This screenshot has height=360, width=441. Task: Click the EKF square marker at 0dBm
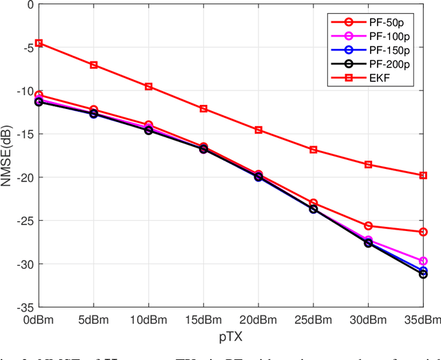point(39,43)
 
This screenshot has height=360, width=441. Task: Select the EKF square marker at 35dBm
point(423,175)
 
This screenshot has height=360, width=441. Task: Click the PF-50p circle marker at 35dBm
point(423,232)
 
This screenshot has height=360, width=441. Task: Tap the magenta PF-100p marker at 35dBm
point(423,261)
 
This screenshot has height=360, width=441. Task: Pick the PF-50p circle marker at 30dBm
point(368,226)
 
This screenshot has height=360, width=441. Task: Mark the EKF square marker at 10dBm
point(148,86)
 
